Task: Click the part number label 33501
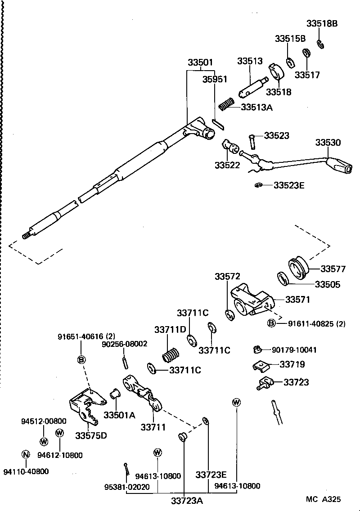(x=201, y=63)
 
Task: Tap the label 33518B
(x=322, y=24)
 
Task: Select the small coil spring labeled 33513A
(x=226, y=104)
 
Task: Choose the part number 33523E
(x=289, y=185)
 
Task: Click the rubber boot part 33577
(x=297, y=268)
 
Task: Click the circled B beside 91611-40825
(x=271, y=323)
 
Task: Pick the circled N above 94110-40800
(x=26, y=453)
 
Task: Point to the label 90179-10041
(x=294, y=350)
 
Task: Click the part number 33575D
(x=91, y=435)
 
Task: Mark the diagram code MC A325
(x=323, y=499)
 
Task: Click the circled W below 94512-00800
(x=44, y=441)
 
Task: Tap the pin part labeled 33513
(x=252, y=87)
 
